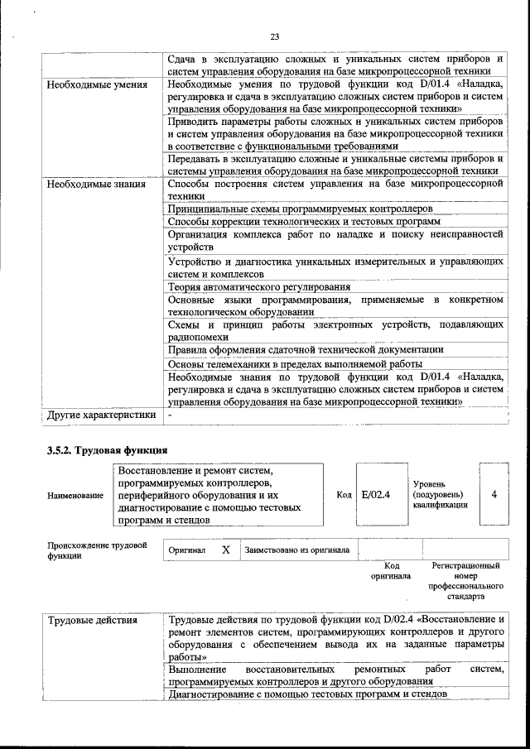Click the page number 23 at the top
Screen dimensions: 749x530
tap(274, 35)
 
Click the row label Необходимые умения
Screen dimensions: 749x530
tap(97, 84)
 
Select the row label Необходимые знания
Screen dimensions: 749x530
tap(96, 185)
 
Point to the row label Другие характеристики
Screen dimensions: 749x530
tap(101, 415)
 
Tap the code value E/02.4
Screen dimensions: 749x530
tap(375, 495)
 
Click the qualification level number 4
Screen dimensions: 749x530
tap(494, 495)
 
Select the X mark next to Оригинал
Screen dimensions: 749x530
tap(225, 550)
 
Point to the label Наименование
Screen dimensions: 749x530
tap(75, 495)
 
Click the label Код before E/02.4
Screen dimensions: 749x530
tap(344, 495)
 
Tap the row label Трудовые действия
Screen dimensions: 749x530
tap(92, 620)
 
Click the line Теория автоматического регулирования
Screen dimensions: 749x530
tap(248, 286)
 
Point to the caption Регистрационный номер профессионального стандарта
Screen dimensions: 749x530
tap(465, 580)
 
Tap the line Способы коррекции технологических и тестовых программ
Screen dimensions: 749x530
tap(303, 222)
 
